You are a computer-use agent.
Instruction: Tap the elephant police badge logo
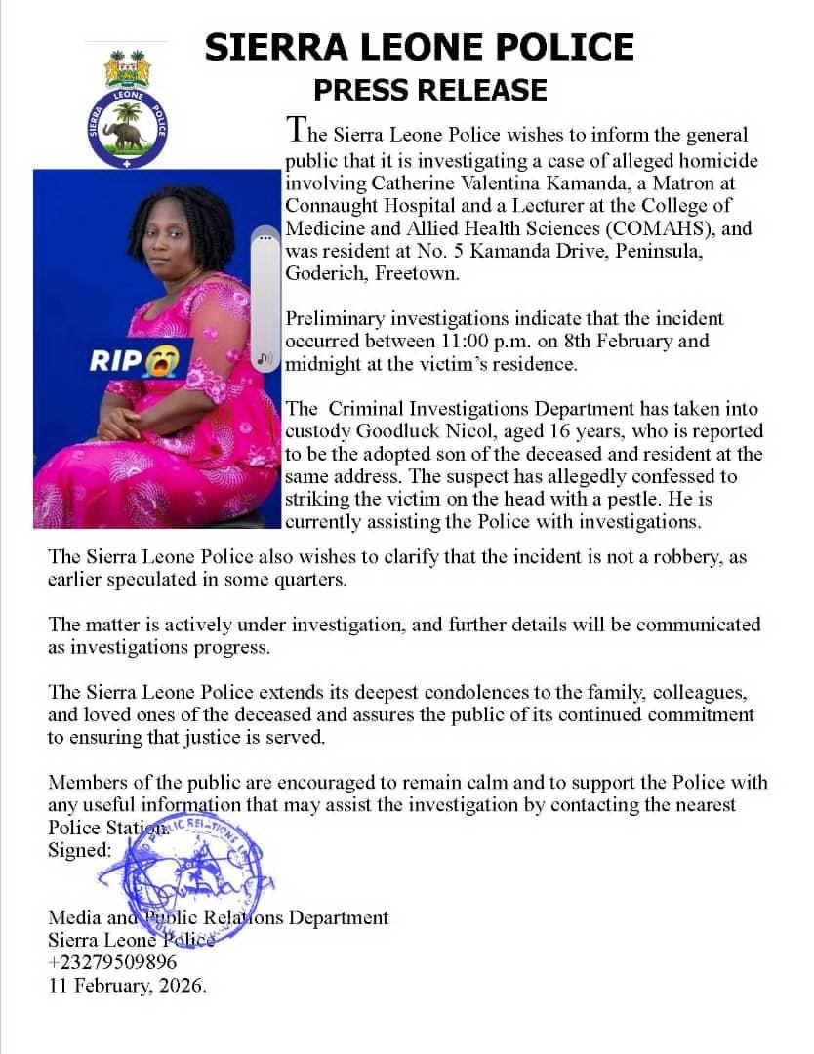point(128,128)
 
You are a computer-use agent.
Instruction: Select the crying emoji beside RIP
point(161,361)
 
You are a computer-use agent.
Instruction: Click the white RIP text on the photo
point(116,361)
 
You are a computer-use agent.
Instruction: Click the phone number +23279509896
point(112,962)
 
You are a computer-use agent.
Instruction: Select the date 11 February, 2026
point(128,985)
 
